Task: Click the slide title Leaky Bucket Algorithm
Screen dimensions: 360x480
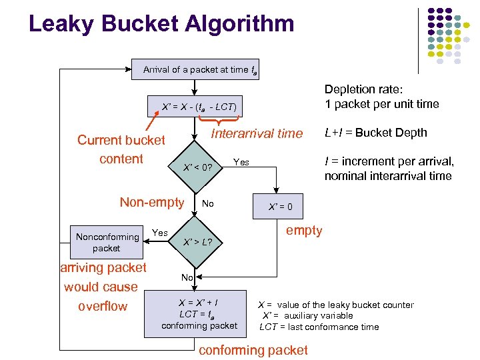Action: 161,24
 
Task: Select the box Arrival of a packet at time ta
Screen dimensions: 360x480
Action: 195,70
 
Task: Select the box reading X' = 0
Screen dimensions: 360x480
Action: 280,207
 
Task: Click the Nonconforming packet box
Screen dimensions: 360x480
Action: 107,242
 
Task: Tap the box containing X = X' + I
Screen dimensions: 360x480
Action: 199,313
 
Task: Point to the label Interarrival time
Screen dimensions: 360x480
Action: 257,133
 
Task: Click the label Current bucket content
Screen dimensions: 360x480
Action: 121,149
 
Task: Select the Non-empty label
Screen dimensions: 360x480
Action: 151,202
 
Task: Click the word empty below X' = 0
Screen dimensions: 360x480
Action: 304,231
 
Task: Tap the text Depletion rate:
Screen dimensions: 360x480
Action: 367,89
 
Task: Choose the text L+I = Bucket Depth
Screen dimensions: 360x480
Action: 375,133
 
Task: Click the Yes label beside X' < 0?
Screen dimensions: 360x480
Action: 241,162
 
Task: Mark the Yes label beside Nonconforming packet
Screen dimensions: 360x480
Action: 160,233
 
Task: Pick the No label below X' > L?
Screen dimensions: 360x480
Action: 187,277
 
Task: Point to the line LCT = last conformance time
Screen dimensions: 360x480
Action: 319,327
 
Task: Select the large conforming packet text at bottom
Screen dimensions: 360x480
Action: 253,350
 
